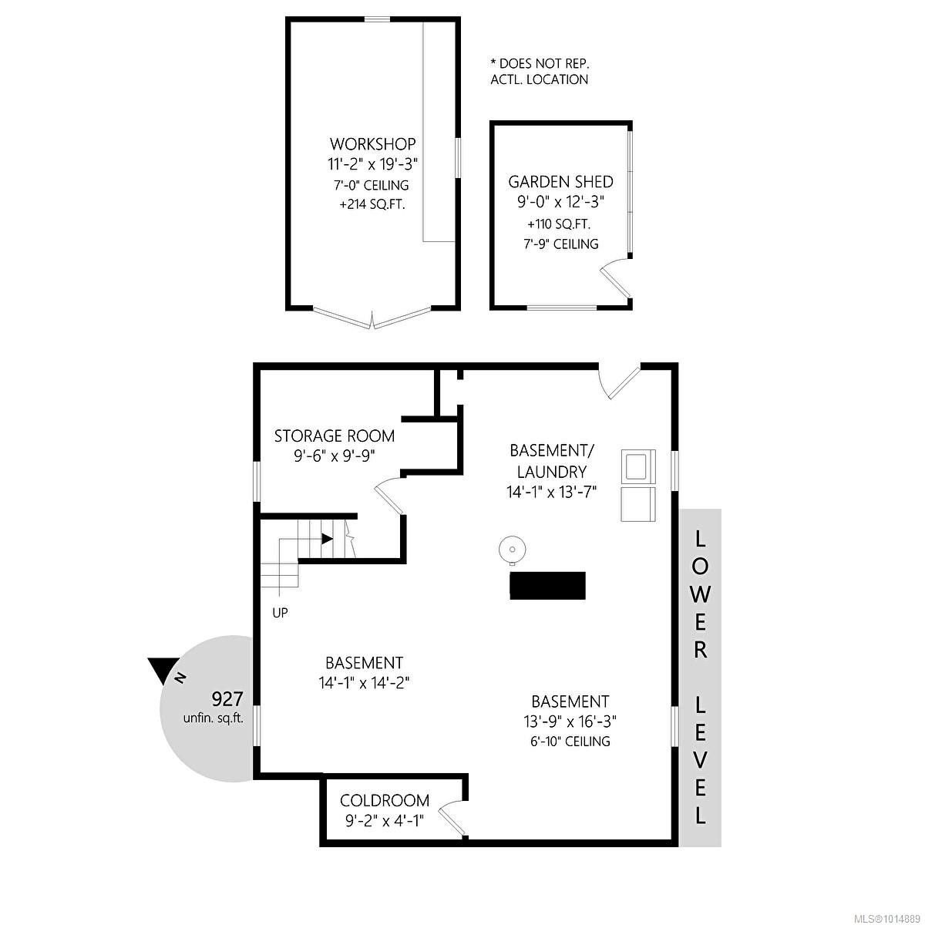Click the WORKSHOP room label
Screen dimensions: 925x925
pyautogui.click(x=373, y=144)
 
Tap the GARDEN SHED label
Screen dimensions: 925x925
pyautogui.click(x=560, y=182)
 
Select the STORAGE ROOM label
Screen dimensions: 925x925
pyautogui.click(x=335, y=436)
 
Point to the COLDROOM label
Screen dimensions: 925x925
pyautogui.click(x=385, y=801)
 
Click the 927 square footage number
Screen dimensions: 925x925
pyautogui.click(x=227, y=699)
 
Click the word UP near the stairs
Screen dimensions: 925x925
pyautogui.click(x=280, y=614)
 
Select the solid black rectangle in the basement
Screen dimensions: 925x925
pyautogui.click(x=547, y=585)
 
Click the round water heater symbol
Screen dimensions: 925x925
pyautogui.click(x=511, y=550)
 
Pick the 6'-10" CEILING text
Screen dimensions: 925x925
pyautogui.click(x=570, y=742)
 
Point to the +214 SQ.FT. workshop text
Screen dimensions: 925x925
pyautogui.click(x=373, y=205)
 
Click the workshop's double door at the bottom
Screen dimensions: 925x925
pyautogui.click(x=373, y=318)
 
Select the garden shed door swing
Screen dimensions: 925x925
pyautogui.click(x=614, y=280)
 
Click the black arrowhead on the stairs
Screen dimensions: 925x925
pyautogui.click(x=328, y=539)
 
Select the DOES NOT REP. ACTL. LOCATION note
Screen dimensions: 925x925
pyautogui.click(x=540, y=72)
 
